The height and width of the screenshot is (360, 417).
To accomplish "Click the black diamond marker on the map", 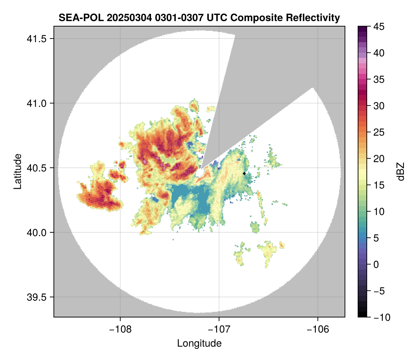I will (245, 173).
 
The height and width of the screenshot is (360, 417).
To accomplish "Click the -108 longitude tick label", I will (120, 329).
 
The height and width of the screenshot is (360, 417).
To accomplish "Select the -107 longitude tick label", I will (219, 329).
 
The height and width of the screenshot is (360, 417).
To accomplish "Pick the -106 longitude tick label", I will (318, 329).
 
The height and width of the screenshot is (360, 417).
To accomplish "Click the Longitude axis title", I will (199, 343).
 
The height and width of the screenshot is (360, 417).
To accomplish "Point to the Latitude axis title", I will (17, 171).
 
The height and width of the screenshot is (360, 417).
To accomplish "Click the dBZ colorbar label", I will (401, 172).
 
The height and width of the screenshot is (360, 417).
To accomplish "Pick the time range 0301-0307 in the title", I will (172, 17).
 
